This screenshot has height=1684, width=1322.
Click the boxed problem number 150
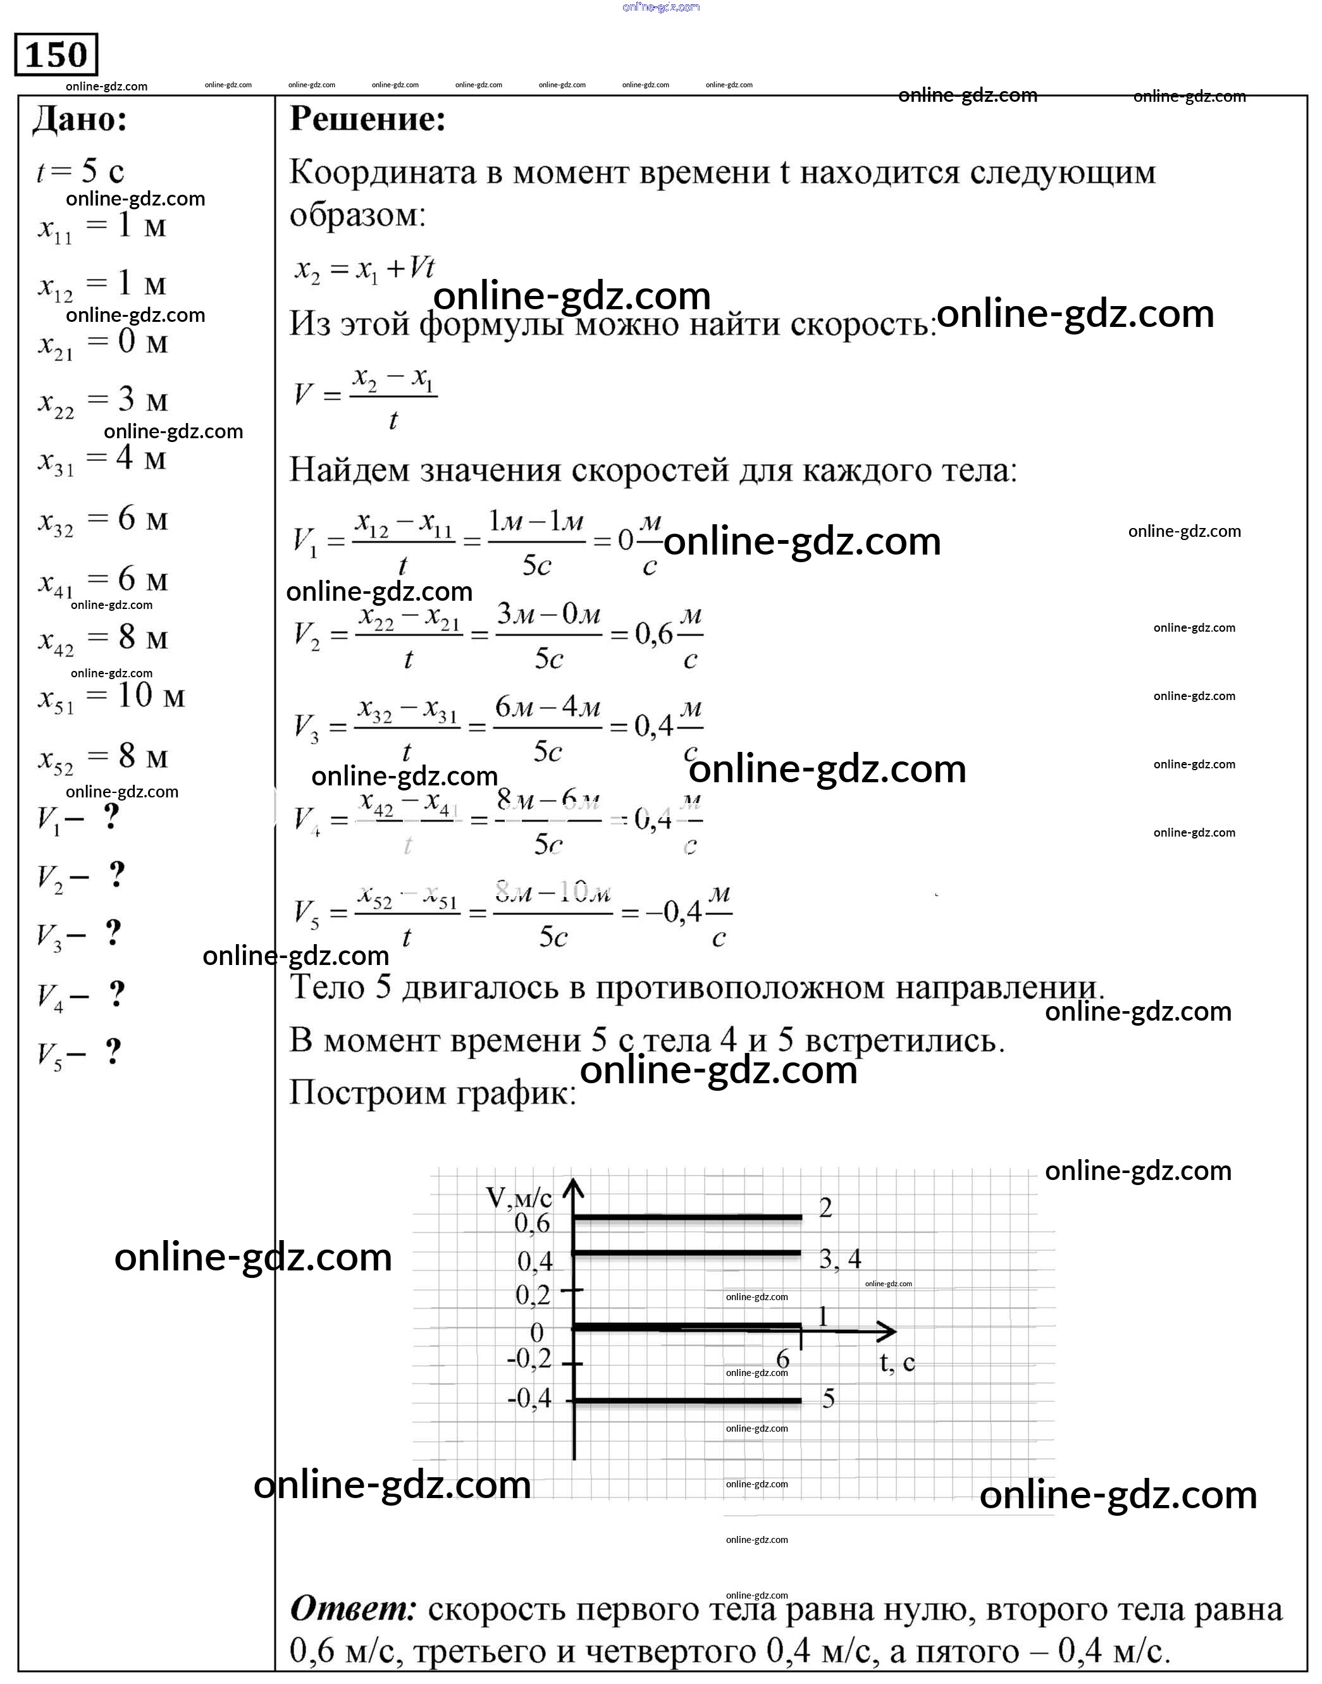point(56,55)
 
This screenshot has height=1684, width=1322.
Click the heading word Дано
point(80,120)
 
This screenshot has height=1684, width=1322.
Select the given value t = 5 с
point(80,171)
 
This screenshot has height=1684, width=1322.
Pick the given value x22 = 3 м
point(103,401)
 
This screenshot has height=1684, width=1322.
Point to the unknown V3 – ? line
point(79,935)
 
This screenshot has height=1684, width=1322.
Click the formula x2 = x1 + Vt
point(364,270)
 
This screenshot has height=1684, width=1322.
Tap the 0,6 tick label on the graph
point(533,1224)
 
